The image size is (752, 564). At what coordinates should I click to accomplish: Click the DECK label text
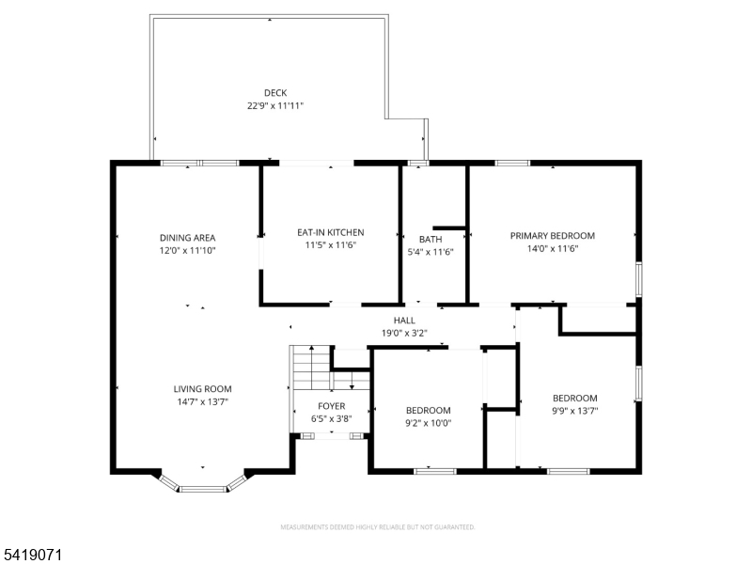[274, 92]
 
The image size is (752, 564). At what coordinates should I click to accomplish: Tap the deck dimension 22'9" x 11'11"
[274, 106]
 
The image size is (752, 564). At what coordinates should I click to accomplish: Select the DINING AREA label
[188, 237]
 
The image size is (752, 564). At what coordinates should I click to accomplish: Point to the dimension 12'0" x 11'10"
[188, 251]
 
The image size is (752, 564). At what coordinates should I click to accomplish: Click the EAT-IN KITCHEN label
[330, 232]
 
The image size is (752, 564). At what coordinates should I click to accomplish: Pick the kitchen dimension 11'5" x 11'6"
[330, 245]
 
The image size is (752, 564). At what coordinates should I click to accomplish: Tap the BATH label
[431, 239]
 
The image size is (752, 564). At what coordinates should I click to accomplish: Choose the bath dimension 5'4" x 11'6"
[431, 252]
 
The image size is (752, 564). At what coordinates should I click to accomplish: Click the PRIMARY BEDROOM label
[553, 236]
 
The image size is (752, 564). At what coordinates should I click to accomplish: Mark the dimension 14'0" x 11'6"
[553, 249]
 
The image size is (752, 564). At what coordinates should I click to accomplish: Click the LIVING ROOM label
[202, 388]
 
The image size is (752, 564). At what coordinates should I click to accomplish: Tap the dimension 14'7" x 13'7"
[202, 401]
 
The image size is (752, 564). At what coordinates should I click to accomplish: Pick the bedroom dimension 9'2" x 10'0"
[428, 423]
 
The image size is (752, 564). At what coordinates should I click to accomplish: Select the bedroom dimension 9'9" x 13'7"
[574, 411]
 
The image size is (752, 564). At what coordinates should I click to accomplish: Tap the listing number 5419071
[33, 556]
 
